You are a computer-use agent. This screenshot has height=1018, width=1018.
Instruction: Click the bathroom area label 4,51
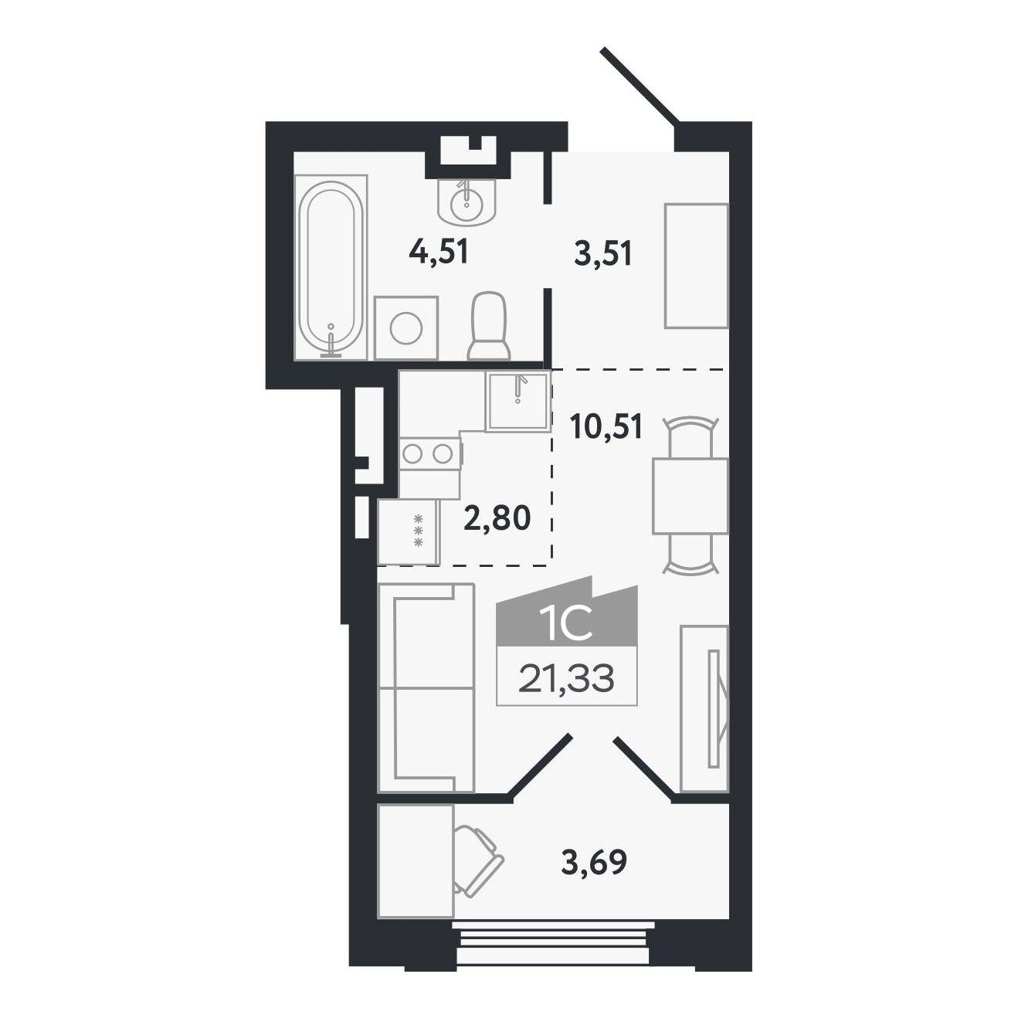(x=439, y=254)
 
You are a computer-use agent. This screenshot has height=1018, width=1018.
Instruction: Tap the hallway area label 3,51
(x=602, y=254)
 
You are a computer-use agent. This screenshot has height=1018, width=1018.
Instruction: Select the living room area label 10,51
(x=606, y=427)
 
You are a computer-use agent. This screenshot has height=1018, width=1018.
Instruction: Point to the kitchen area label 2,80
(x=497, y=518)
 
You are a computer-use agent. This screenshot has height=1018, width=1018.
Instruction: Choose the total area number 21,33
(x=566, y=678)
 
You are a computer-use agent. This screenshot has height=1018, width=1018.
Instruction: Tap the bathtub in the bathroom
(x=331, y=267)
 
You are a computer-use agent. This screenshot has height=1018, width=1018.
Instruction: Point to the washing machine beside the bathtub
(x=406, y=328)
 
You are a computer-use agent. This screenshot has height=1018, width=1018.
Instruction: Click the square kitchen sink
(x=518, y=402)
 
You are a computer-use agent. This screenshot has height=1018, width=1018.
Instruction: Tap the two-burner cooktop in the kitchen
(x=430, y=453)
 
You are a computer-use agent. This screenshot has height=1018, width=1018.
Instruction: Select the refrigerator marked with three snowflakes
(x=409, y=532)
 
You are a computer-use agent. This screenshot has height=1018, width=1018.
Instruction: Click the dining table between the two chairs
(x=691, y=496)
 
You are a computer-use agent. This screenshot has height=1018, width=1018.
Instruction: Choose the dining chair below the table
(x=691, y=554)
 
